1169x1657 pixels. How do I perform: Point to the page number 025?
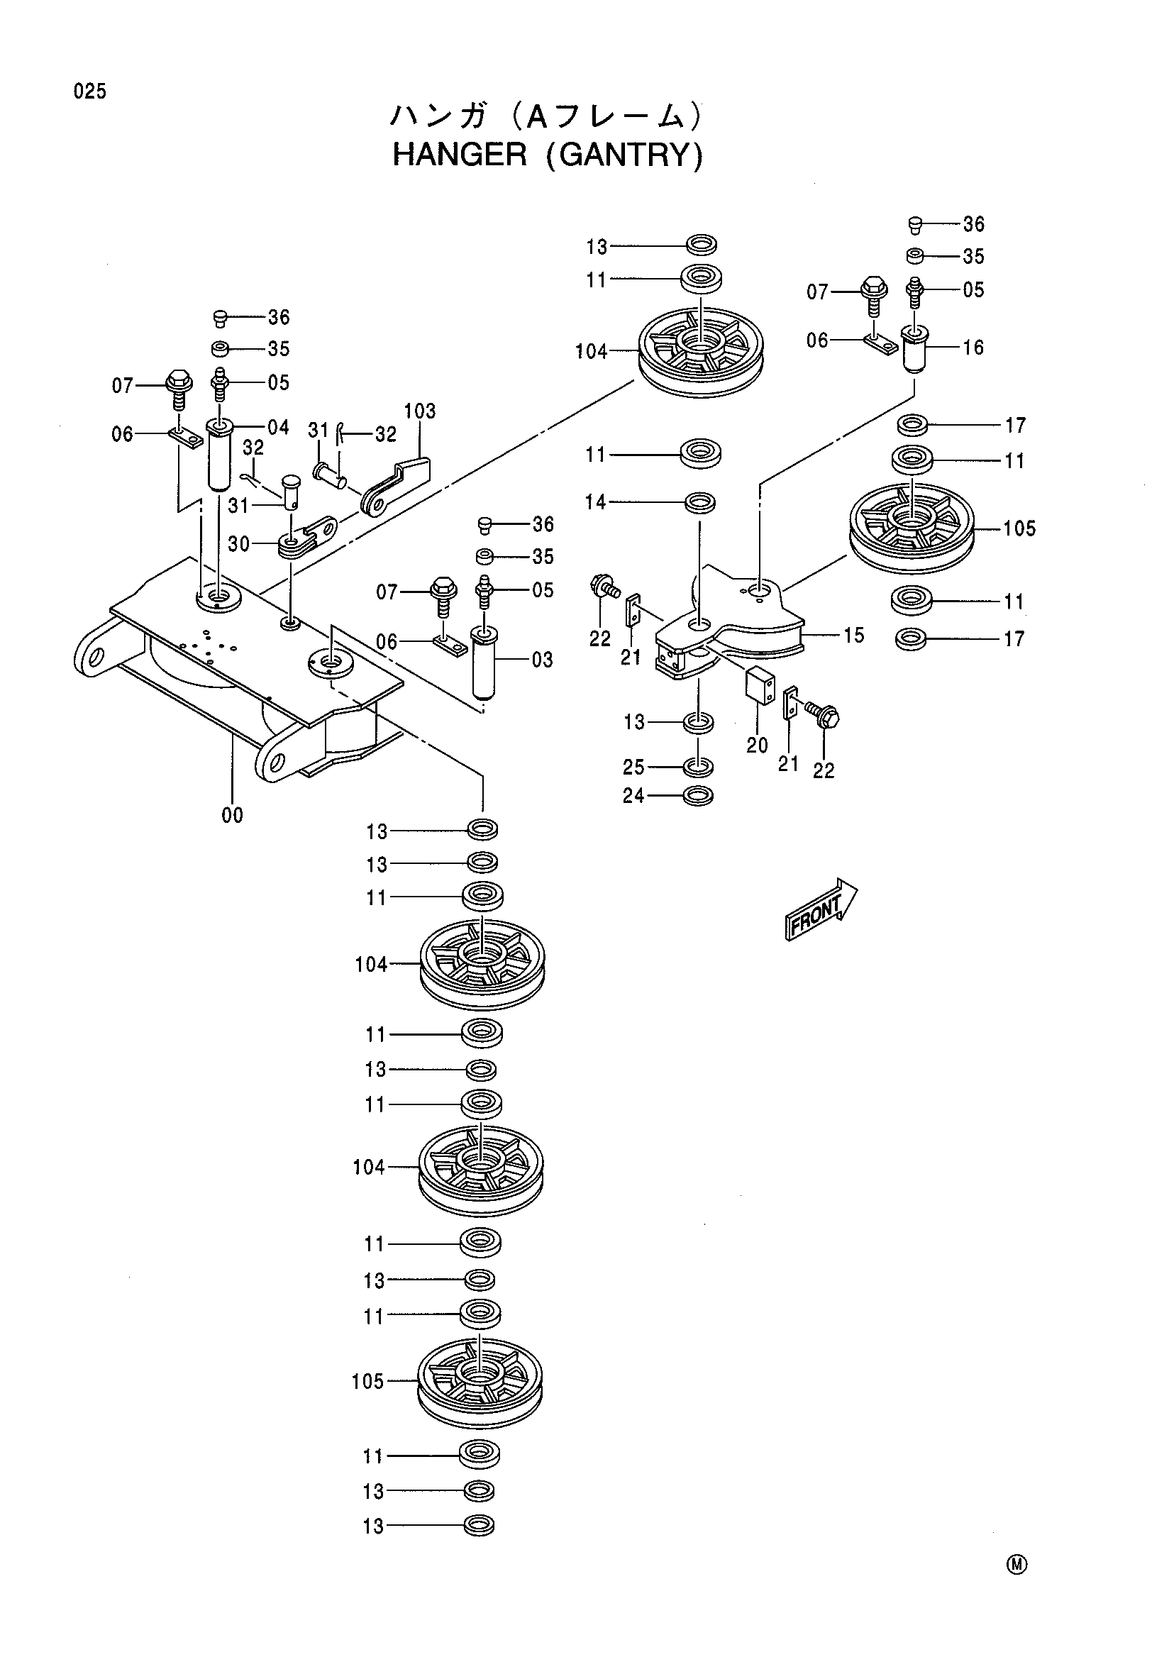point(89,92)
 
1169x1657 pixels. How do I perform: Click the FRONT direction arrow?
point(821,910)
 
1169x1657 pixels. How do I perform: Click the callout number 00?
point(233,816)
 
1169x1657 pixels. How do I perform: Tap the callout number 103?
point(420,411)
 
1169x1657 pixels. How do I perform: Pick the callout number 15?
point(853,636)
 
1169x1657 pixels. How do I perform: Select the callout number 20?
point(757,746)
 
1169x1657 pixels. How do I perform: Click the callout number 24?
point(633,796)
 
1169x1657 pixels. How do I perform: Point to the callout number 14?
point(596,502)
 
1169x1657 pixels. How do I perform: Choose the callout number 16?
point(973,348)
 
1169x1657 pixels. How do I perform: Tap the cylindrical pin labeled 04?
point(219,455)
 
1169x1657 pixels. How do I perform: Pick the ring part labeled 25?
point(698,765)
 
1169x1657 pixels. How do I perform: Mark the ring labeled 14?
point(699,502)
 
